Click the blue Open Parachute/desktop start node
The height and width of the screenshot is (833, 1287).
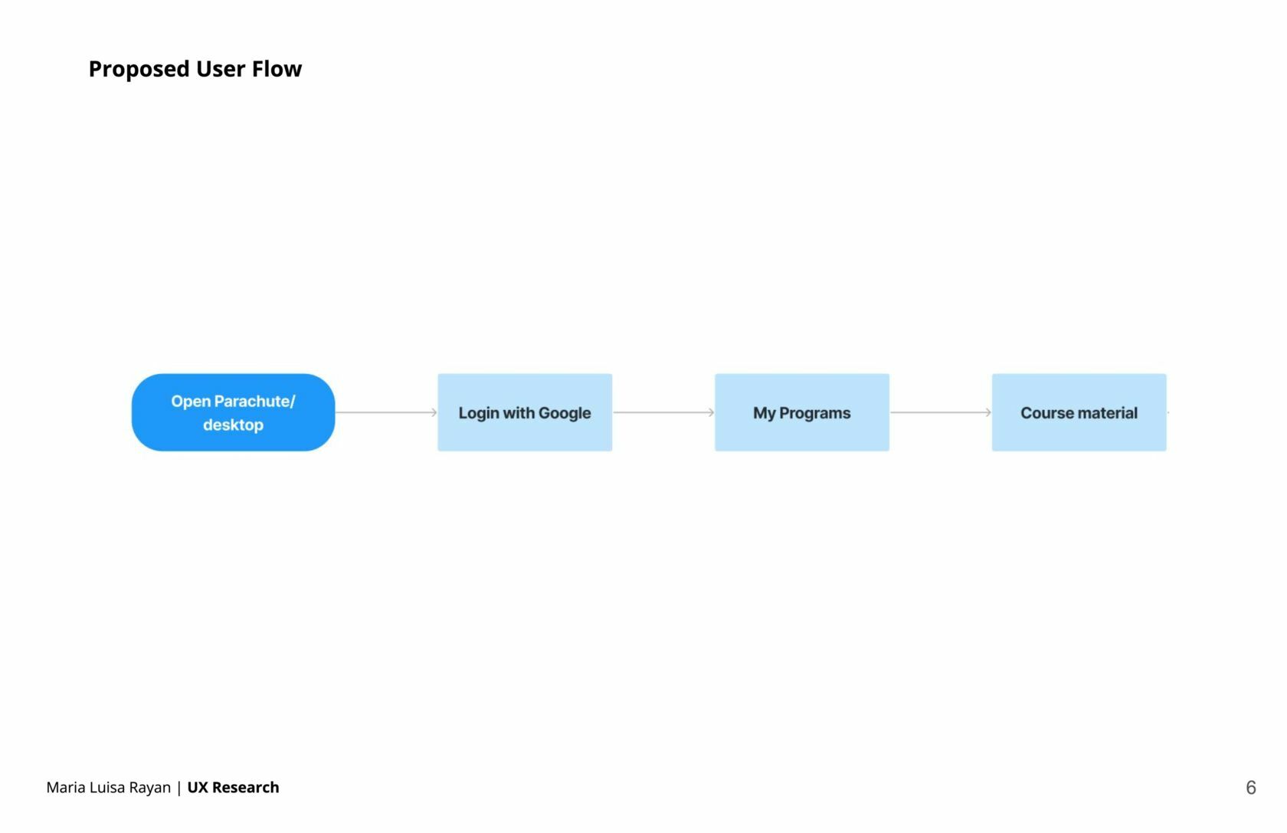233,412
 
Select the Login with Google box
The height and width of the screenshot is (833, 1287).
526,412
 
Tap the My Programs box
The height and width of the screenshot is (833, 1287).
802,412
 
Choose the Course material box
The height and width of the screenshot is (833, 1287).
1079,412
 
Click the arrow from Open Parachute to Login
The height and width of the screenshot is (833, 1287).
386,412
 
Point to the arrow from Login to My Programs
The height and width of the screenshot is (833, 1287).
663,412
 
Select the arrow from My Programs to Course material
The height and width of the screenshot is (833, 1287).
941,412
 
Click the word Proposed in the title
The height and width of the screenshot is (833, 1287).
139,69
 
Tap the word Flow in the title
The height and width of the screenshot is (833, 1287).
277,68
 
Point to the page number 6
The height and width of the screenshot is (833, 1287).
1251,787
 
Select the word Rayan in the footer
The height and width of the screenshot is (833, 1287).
149,788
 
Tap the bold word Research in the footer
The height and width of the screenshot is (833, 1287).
245,787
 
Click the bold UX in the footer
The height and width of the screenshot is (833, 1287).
198,787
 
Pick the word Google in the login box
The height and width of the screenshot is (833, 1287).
565,413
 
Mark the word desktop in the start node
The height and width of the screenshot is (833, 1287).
233,425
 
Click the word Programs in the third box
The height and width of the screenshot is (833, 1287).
815,413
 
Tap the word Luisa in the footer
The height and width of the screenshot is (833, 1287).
107,787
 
